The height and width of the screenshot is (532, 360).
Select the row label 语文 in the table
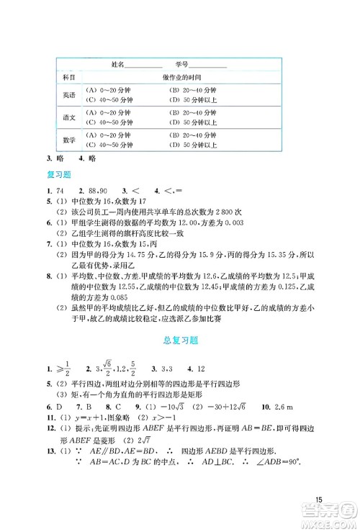coord(68,117)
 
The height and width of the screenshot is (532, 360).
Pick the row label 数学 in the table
coord(68,140)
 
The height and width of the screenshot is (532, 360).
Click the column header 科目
coord(68,76)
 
